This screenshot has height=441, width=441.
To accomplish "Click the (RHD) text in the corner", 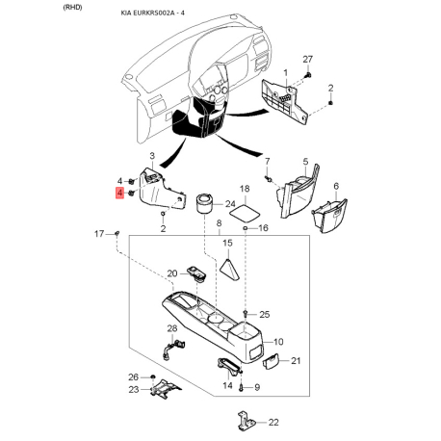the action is point(72,8).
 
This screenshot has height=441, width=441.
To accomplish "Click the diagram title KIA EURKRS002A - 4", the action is point(152,13).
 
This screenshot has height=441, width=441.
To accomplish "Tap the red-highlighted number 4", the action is point(119,194).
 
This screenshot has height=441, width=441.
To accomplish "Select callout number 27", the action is point(307,60).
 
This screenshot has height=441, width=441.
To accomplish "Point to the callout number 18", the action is point(245,189).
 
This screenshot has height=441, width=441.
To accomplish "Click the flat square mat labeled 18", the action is point(245,213).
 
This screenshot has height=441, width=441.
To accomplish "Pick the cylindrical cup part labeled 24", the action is point(204,203).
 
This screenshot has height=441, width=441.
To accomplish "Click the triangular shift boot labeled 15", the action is point(228,270).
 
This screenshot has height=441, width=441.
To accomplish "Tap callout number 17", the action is point(99,234).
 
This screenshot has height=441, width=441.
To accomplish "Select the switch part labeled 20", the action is point(196,273).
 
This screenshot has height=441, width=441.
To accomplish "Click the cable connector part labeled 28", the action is point(173,350).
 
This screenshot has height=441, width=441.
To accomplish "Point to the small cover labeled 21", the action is point(271,362).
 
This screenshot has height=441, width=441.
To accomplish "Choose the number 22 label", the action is point(273,422).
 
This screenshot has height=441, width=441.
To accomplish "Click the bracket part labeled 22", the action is point(246,421).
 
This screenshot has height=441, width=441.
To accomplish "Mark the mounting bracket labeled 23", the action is point(165,389).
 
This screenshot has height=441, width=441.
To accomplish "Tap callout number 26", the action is point(133,377).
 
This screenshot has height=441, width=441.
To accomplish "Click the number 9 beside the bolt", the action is point(257,388).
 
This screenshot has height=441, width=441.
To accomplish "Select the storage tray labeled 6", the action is point(329,216).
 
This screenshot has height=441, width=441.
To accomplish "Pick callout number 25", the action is point(265,314).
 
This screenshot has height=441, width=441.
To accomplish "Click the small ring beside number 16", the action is point(246,228).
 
